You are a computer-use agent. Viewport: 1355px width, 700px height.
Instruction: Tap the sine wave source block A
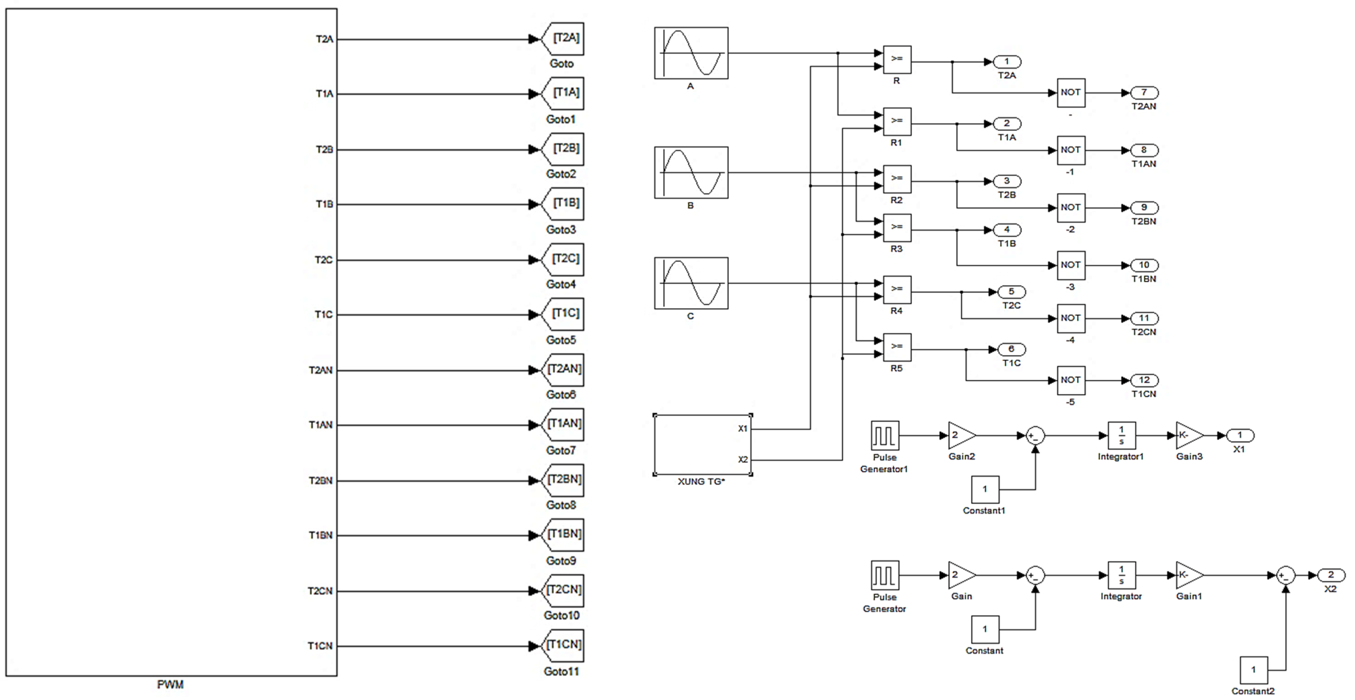691,53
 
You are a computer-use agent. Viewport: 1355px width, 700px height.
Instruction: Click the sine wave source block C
691,283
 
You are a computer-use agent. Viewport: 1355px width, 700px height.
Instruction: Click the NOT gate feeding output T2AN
1071,92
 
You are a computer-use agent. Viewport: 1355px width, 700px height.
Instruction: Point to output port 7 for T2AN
1144,92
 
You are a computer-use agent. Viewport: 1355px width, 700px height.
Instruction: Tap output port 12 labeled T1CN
1144,380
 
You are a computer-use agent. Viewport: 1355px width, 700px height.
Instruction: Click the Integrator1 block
1121,435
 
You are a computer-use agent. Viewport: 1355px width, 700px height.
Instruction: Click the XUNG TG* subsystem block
702,445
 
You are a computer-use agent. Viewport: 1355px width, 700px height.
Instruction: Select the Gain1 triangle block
1188,575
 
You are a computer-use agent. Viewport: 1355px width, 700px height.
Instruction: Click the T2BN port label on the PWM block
320,481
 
